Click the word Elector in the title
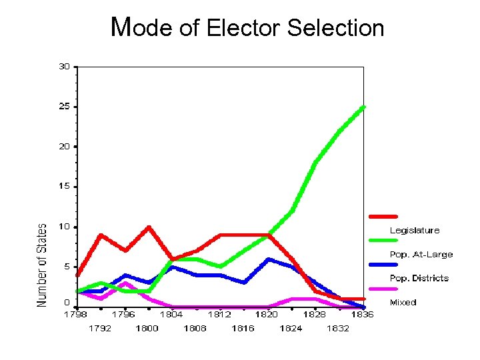click(x=244, y=28)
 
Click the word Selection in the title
click(x=336, y=28)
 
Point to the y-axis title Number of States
click(x=42, y=265)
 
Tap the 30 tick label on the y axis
click(x=64, y=66)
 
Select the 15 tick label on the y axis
click(x=64, y=186)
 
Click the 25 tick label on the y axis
click(x=64, y=106)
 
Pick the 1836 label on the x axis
click(x=363, y=315)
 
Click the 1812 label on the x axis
click(x=219, y=315)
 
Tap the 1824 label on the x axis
click(x=291, y=328)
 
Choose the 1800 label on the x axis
click(x=147, y=328)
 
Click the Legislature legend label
click(x=414, y=231)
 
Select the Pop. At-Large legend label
click(x=421, y=255)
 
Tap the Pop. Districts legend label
click(x=419, y=279)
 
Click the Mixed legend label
click(x=403, y=303)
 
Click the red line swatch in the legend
click(x=383, y=216)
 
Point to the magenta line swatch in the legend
click(x=383, y=289)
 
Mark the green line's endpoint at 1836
click(x=363, y=107)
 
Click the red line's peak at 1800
click(x=148, y=227)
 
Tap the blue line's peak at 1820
click(x=268, y=259)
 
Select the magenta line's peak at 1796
click(x=125, y=283)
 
